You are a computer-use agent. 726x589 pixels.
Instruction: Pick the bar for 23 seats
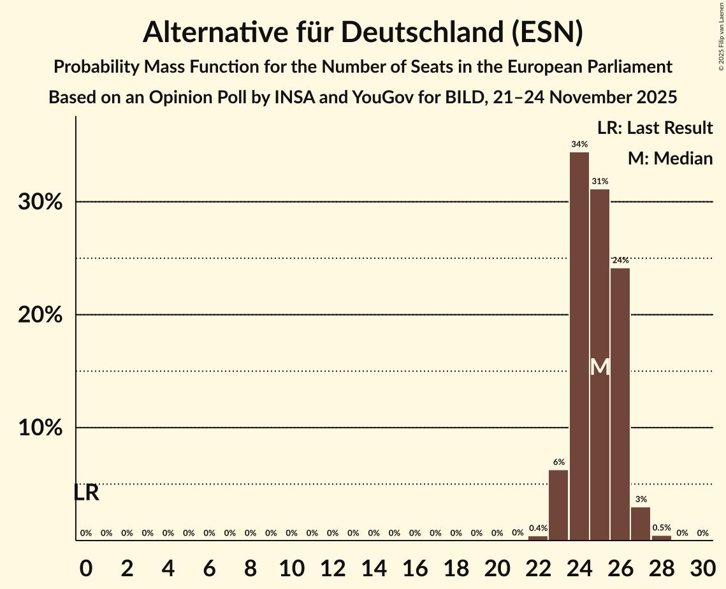558,505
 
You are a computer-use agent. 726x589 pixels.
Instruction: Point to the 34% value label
579,145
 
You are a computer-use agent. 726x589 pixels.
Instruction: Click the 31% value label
599,182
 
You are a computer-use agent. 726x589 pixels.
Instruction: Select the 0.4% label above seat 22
538,528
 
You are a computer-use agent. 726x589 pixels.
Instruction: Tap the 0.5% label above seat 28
661,528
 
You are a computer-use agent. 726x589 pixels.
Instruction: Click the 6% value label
558,462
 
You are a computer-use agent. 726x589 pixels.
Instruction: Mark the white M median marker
600,367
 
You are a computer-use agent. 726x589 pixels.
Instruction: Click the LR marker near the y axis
86,493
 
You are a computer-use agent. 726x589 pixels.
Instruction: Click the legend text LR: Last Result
655,128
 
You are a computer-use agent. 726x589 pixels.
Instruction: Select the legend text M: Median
669,159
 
